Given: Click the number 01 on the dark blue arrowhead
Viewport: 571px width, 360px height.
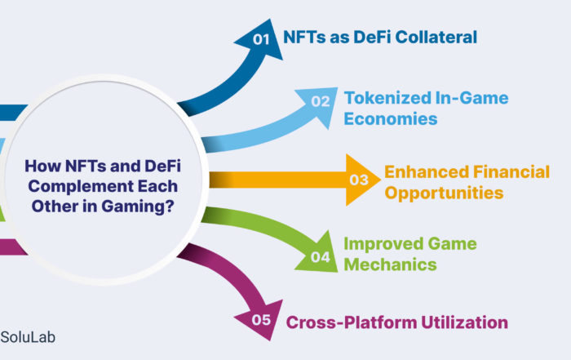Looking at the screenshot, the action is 261,39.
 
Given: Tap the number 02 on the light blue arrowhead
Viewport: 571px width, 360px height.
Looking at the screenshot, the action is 321,101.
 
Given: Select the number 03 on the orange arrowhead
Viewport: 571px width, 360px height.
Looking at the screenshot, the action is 359,180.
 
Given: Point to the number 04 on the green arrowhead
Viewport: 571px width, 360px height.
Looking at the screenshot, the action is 321,257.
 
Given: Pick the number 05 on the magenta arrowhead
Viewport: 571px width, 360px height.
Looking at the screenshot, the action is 261,320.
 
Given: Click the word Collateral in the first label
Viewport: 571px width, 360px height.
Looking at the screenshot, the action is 436,38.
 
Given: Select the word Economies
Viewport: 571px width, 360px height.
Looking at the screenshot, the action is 391,119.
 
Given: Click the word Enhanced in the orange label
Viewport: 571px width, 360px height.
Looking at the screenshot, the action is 427,172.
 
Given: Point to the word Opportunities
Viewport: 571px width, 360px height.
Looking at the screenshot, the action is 444,193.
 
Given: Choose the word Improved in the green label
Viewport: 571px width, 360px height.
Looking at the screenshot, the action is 383,244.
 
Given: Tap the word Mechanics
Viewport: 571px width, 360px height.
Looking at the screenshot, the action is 390,264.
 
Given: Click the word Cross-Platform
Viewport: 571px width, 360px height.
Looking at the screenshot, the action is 352,322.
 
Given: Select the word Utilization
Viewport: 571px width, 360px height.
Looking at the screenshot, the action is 465,322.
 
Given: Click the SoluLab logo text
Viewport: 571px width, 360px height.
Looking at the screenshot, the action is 28,337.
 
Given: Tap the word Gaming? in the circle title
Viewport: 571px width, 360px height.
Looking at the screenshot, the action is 138,207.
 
